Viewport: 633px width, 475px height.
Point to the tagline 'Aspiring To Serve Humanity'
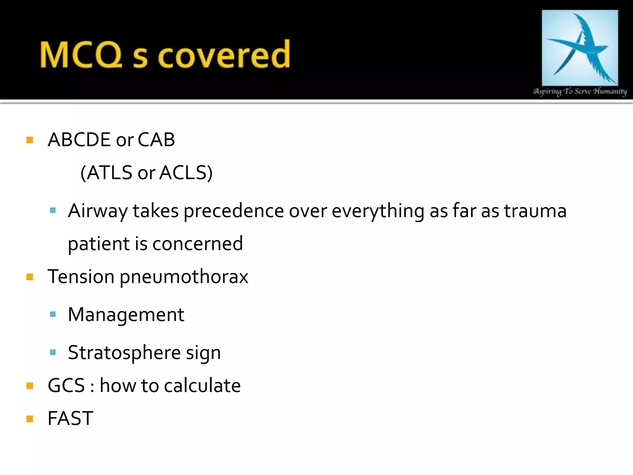(580, 91)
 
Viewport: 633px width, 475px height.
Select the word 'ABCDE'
(79, 139)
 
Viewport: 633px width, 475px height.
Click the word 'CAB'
(156, 139)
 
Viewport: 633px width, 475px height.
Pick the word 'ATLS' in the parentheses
(109, 173)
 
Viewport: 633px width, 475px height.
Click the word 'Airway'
(98, 211)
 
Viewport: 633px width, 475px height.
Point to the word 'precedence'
(234, 211)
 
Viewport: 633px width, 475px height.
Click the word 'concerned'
(198, 244)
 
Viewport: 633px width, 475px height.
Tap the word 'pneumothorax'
(184, 277)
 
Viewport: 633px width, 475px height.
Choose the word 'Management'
(126, 315)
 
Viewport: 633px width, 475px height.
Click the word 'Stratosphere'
(124, 353)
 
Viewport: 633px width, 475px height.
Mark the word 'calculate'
(202, 386)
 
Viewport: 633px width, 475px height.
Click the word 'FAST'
(70, 418)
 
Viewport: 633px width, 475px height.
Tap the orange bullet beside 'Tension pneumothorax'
(30, 277)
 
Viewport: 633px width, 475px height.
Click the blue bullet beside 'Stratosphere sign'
(53, 352)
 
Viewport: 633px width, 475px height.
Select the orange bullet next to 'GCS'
(30, 386)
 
